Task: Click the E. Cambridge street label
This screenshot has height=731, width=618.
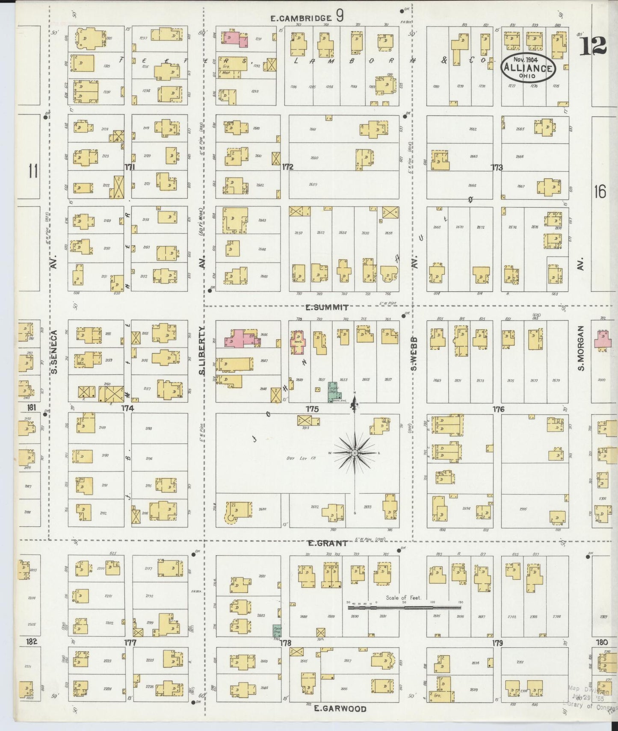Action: [302, 18]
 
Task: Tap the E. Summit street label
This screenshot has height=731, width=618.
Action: [327, 307]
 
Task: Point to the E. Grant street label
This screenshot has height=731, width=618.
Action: [328, 543]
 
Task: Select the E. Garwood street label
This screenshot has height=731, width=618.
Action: [340, 708]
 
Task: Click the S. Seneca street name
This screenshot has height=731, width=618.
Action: [54, 352]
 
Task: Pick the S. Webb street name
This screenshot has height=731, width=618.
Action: [414, 354]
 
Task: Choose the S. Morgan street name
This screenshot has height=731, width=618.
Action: [580, 349]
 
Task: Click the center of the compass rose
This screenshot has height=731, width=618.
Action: [355, 452]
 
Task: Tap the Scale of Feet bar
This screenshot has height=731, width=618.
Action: [404, 607]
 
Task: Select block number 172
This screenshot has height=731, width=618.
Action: [287, 167]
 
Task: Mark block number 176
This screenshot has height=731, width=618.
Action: [498, 409]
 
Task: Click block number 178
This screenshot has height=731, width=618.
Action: [285, 643]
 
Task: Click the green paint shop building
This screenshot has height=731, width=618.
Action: [277, 631]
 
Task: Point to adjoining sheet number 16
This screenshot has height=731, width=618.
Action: [600, 192]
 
